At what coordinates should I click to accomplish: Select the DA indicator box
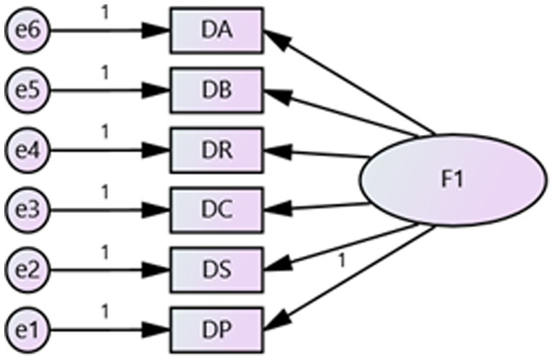pyautogui.click(x=216, y=31)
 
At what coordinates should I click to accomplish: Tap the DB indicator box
pyautogui.click(x=216, y=90)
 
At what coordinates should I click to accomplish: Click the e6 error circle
pyautogui.click(x=26, y=31)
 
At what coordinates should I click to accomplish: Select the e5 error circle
pyautogui.click(x=26, y=90)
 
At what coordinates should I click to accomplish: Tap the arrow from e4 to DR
pyautogui.click(x=108, y=150)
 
